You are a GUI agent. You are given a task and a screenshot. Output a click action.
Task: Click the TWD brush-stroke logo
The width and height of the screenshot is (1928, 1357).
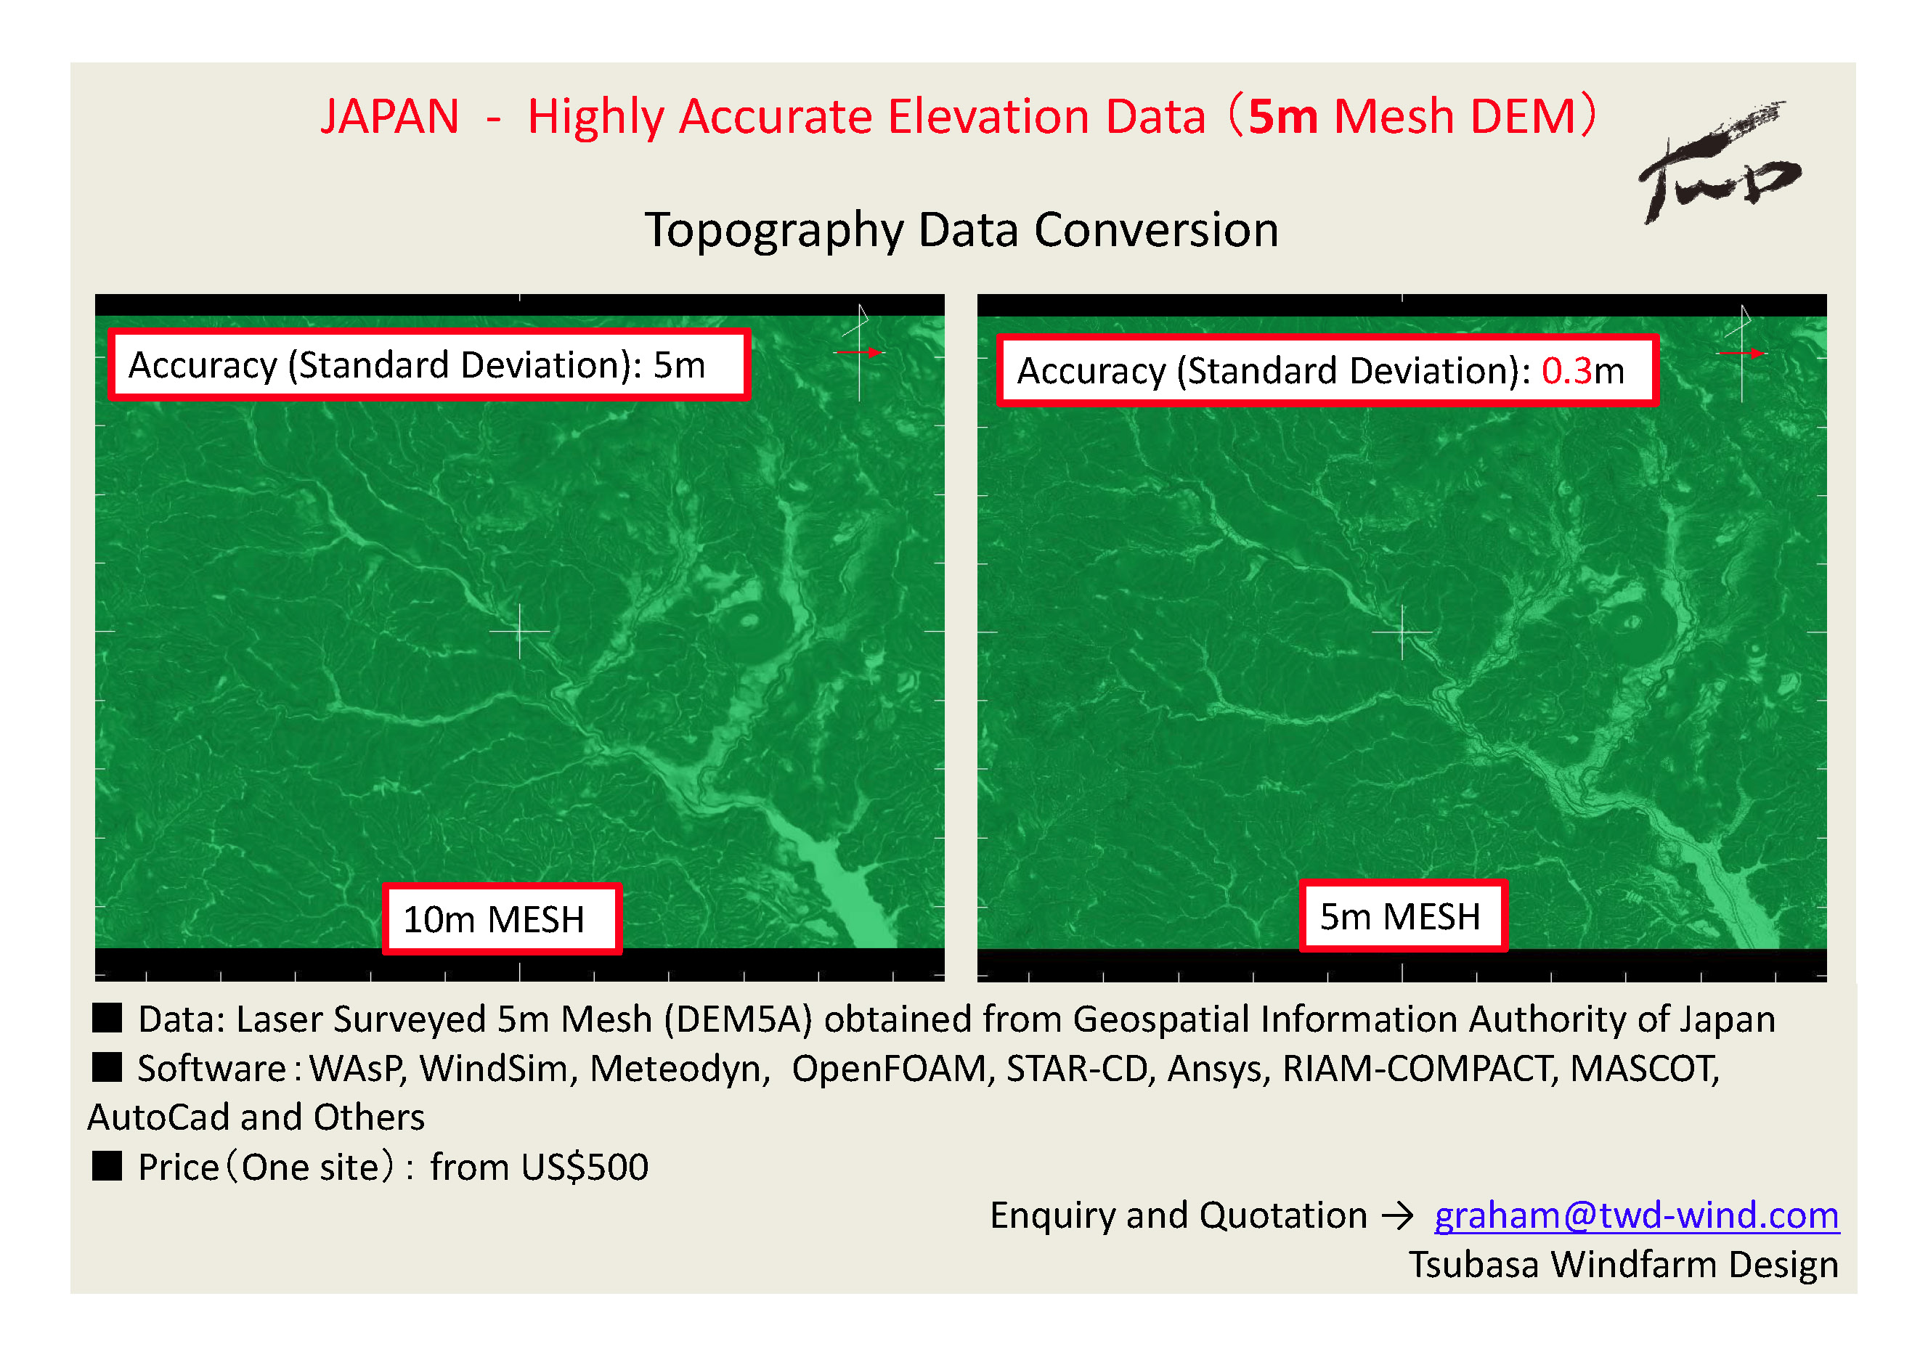[x=1718, y=164]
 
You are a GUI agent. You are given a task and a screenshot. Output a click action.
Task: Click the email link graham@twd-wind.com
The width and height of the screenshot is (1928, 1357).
[x=1636, y=1215]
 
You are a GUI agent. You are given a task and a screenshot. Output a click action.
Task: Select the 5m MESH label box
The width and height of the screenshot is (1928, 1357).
[x=1403, y=916]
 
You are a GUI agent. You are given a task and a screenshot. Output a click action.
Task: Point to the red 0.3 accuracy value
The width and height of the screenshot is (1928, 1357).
[x=1567, y=370]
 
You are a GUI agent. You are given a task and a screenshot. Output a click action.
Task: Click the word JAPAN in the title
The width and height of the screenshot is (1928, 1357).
[x=390, y=116]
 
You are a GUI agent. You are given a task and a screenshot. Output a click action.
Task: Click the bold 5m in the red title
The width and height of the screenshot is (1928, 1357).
[x=1282, y=116]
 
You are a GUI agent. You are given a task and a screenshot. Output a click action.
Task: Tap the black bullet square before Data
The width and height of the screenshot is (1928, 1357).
[x=107, y=1018]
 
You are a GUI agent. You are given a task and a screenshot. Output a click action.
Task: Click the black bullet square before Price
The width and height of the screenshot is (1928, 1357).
[x=107, y=1165]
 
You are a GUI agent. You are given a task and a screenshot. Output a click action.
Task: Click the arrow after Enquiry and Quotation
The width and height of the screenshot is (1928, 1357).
[x=1398, y=1216]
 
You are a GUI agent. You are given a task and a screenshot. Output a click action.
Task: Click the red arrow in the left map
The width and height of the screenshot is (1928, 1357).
[x=860, y=353]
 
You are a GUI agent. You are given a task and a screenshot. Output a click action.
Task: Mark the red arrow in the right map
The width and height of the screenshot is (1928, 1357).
[x=1742, y=354]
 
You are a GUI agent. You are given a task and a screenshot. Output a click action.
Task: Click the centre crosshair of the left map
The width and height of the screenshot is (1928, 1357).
[x=520, y=631]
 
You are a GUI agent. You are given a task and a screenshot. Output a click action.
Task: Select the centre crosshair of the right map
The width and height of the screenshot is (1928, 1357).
[x=1402, y=632]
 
